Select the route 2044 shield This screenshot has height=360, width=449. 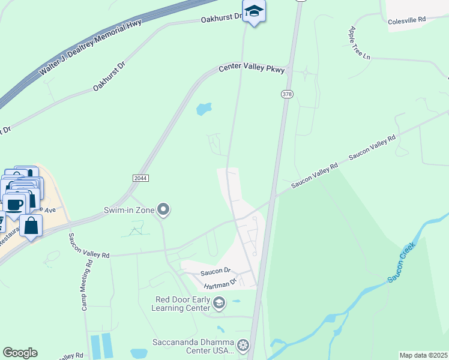tap(140, 178)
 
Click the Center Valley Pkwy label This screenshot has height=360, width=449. tap(252, 69)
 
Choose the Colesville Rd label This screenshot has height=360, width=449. tap(406, 20)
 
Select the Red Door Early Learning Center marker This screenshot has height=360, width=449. tap(219, 303)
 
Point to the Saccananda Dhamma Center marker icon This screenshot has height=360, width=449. tap(243, 345)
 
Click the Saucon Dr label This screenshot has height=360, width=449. tap(218, 271)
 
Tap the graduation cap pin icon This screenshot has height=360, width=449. tap(254, 11)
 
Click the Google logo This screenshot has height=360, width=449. tap(20, 353)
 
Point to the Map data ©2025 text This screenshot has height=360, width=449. tap(423, 355)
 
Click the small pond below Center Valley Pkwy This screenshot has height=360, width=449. tap(204, 109)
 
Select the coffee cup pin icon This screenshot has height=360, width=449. tap(14, 203)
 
